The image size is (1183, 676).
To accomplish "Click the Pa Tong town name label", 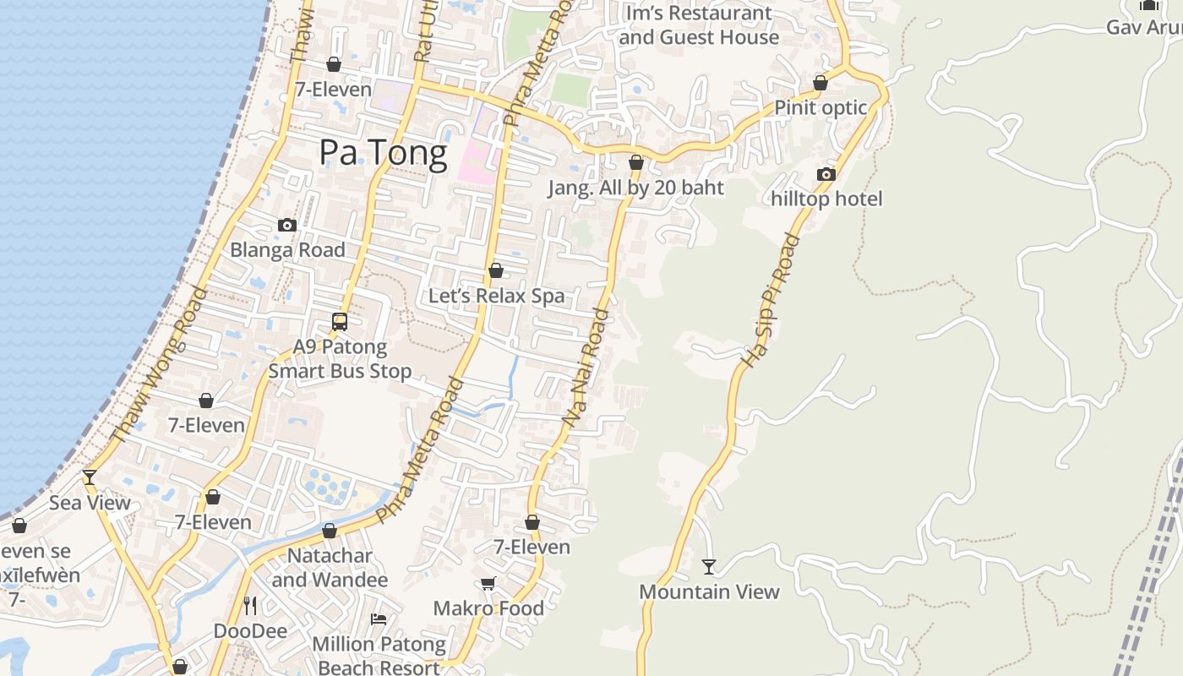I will (x=383, y=154).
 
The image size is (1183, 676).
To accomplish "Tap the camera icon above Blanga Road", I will (x=287, y=225).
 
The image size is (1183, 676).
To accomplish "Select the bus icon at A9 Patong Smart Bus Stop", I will (x=340, y=322).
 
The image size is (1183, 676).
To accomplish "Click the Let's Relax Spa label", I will (x=496, y=296).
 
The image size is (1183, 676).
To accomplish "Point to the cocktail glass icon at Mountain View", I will (x=709, y=567).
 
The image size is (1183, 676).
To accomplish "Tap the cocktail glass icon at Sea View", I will (x=89, y=477).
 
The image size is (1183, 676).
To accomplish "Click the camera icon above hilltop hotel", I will (x=826, y=175).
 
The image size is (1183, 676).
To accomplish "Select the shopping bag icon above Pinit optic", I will (x=820, y=83).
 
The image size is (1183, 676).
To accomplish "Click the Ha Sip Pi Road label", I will (x=770, y=301).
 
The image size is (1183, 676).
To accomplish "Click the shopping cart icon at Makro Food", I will (x=488, y=584).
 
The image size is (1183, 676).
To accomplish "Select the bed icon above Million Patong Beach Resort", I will (x=379, y=619).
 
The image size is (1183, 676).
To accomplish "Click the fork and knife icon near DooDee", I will (x=250, y=606).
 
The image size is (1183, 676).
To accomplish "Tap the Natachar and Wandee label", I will (x=330, y=568).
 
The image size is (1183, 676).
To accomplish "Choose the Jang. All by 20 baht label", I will (x=635, y=188).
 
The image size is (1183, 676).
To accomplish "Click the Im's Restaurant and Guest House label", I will (x=698, y=25).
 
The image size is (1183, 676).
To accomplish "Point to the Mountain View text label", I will (x=709, y=591).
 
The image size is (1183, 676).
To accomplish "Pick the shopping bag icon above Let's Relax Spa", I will (x=496, y=271).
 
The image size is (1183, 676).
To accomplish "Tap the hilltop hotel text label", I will (x=826, y=199).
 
